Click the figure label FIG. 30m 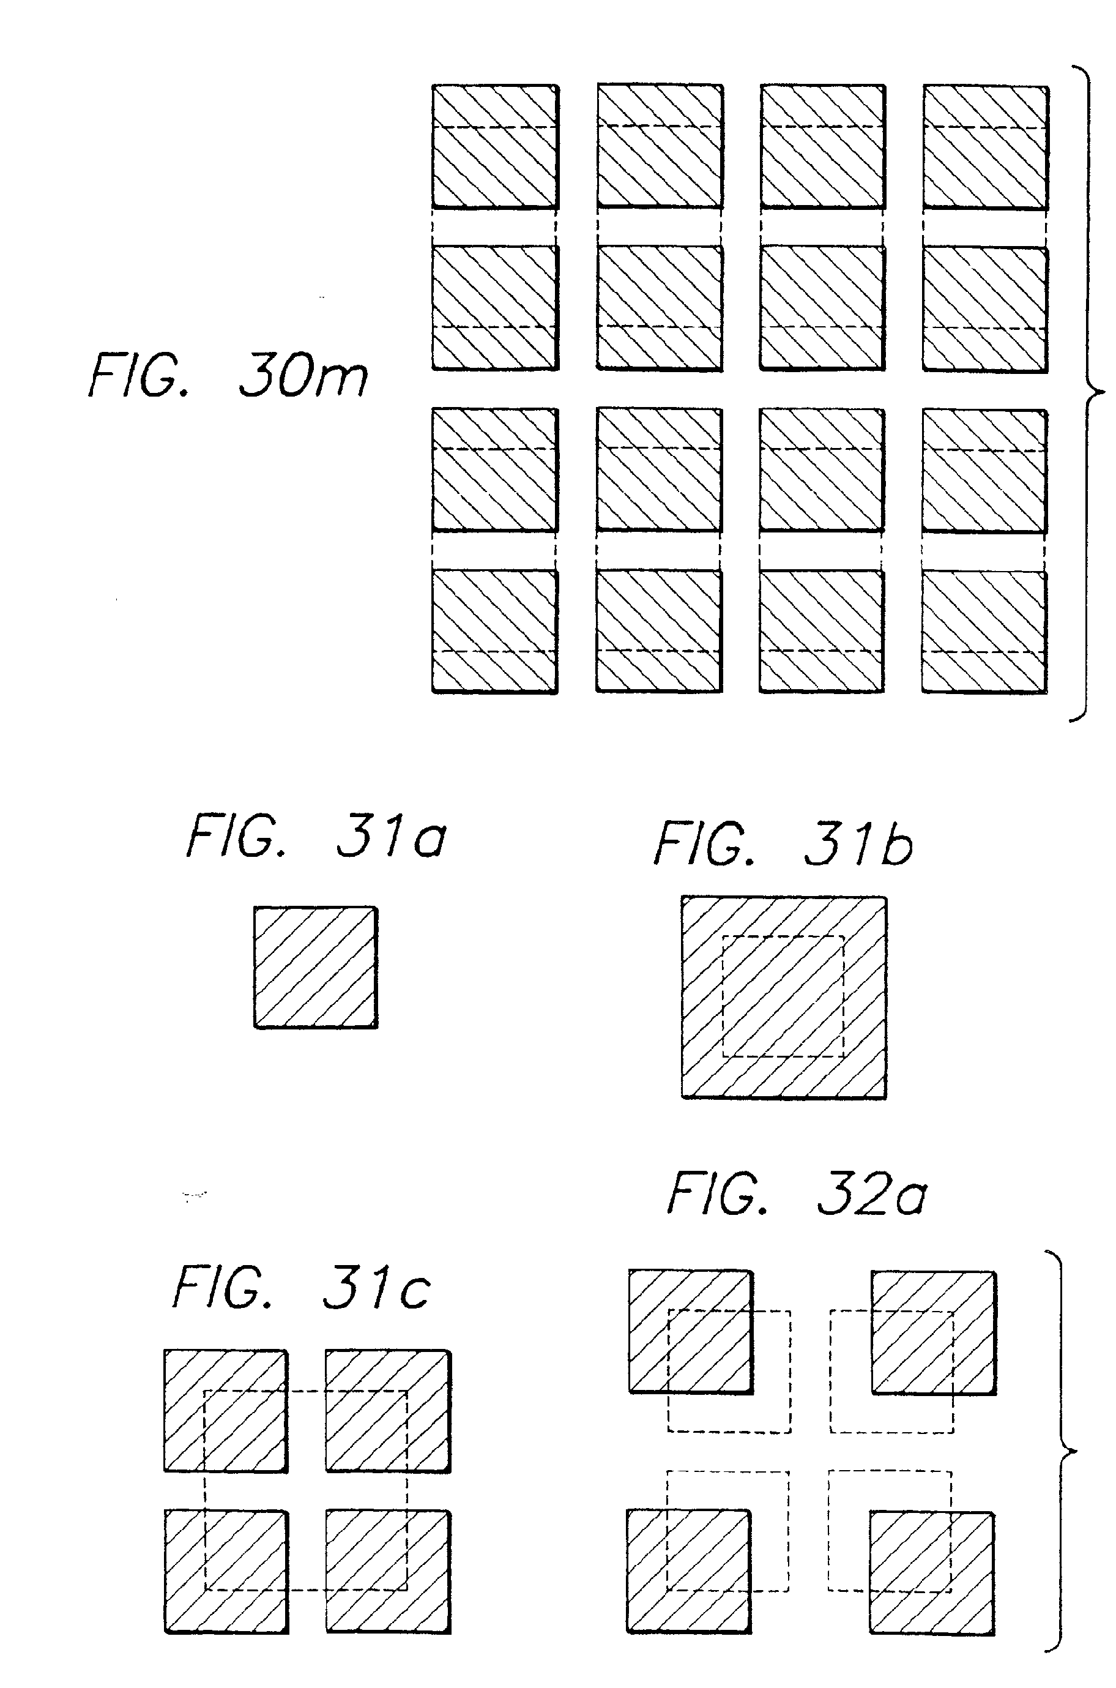pos(228,376)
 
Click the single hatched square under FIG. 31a pos(315,967)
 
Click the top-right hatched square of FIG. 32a pos(933,1331)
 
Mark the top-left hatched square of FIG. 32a pos(690,1331)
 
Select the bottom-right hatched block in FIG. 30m pos(984,631)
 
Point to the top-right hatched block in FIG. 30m pos(986,147)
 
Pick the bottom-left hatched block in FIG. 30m pos(494,631)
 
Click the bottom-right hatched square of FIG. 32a pos(932,1571)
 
